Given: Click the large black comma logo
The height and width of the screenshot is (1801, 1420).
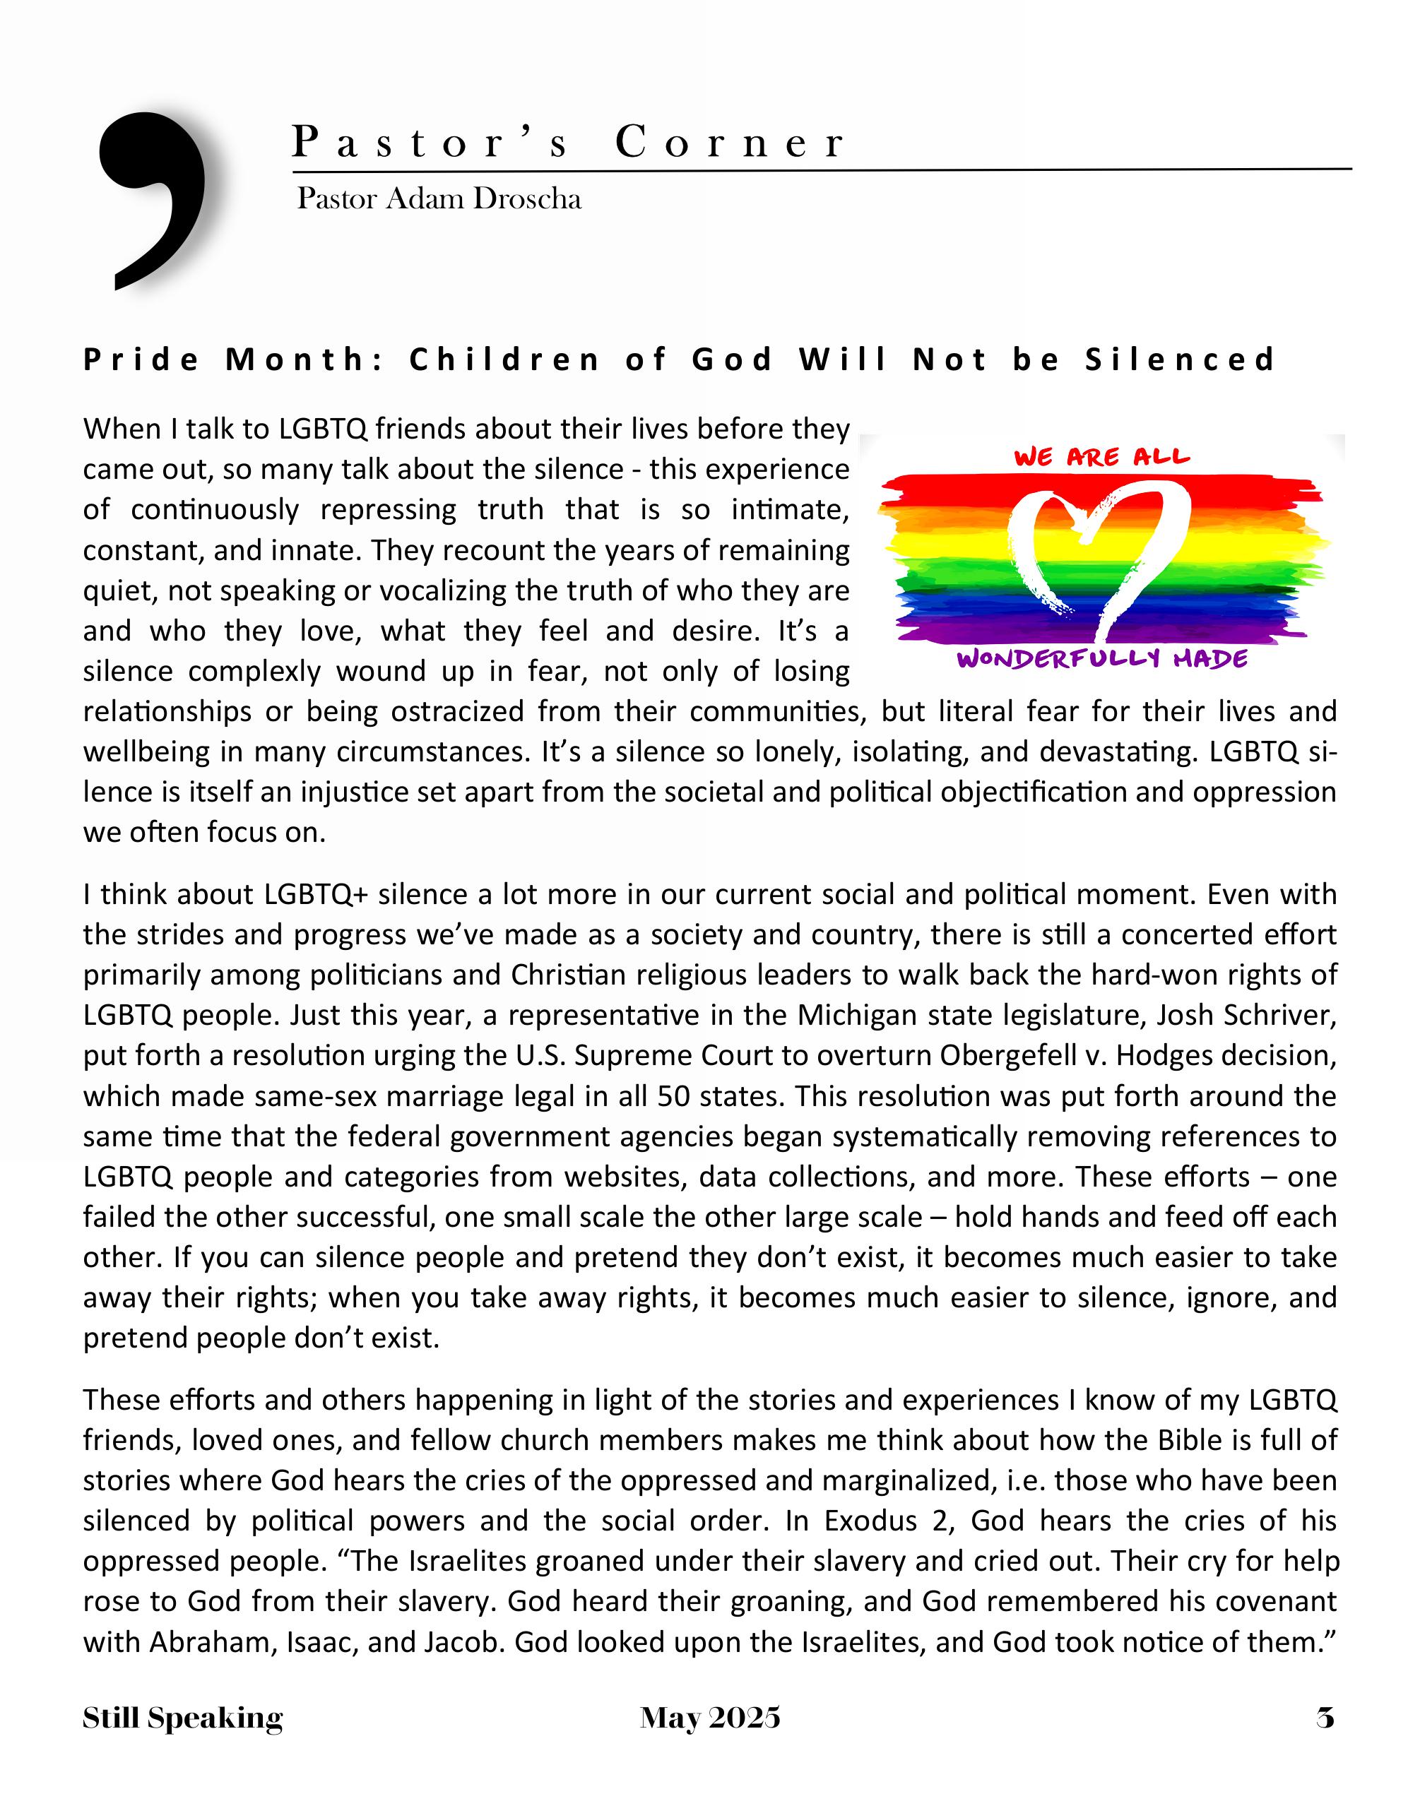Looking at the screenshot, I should tap(153, 199).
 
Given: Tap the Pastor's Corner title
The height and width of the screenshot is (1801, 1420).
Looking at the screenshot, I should tap(569, 142).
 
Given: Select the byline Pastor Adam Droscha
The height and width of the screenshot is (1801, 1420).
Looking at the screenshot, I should tap(439, 198).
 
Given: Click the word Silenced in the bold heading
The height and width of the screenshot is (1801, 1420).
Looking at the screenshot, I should tap(1180, 360).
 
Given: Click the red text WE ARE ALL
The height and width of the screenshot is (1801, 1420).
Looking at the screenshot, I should tap(1101, 457).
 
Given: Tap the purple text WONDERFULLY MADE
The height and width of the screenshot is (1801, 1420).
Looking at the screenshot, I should tap(1101, 659).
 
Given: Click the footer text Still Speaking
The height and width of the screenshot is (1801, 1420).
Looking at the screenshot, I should tap(183, 1718).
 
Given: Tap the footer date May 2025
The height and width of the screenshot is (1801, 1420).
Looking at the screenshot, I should tap(710, 1718).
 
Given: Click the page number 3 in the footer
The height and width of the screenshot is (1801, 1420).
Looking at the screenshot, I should tap(1325, 1718).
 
